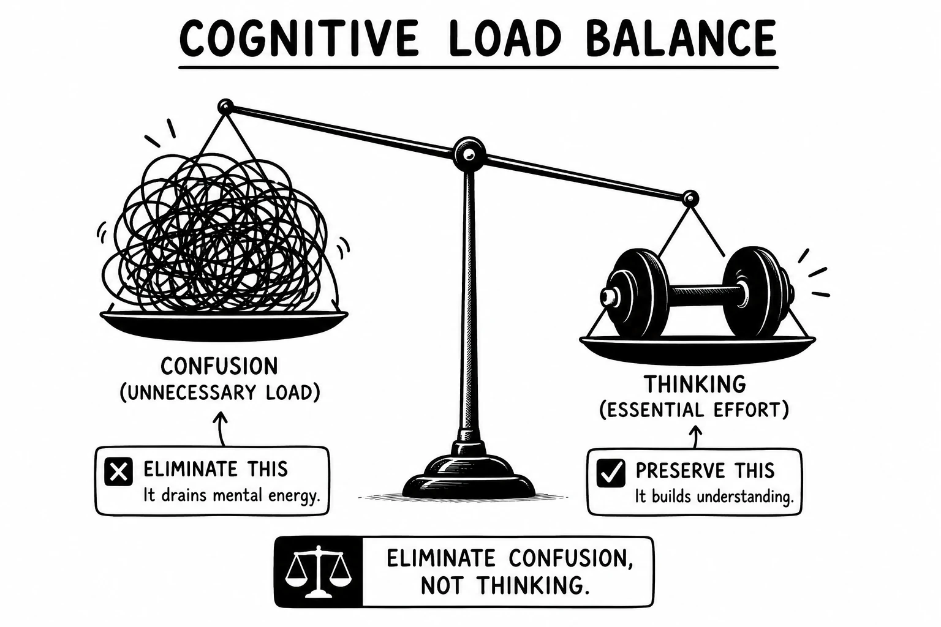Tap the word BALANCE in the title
pos(681,38)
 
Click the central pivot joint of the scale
pos(469,154)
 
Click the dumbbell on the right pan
pos(697,292)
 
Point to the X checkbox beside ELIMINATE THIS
pos(118,471)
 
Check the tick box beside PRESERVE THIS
pos(611,473)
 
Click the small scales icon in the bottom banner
pos(318,571)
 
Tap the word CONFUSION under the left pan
pos(219,366)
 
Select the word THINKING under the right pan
pos(695,384)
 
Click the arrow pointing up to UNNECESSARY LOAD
pos(221,429)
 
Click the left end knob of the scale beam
pos(225,107)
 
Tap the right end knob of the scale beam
pos(690,198)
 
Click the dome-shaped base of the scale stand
pos(469,475)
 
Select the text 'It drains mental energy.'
pos(232,495)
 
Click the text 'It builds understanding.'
pos(714,497)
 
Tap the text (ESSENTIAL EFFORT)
pos(694,410)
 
